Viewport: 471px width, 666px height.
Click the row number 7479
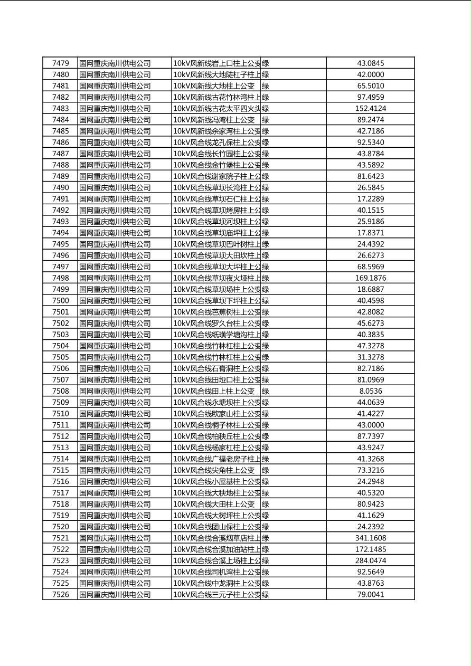point(60,63)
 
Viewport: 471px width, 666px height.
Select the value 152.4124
point(370,109)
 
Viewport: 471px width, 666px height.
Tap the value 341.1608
point(370,538)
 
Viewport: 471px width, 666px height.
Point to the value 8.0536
point(370,391)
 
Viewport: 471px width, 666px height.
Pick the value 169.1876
point(370,278)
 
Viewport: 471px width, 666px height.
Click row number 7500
point(60,301)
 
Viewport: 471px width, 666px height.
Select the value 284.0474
point(370,561)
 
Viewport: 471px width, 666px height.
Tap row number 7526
point(60,595)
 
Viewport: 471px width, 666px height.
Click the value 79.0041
point(370,595)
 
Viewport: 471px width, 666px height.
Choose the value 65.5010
point(370,86)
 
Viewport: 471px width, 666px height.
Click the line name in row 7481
point(214,86)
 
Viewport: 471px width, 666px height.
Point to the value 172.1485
point(370,549)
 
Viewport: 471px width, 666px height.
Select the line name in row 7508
point(214,391)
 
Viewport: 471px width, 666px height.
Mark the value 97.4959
point(370,97)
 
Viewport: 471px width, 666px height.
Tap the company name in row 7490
point(115,188)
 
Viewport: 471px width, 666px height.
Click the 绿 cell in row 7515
point(266,470)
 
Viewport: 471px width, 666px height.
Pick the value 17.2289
point(370,199)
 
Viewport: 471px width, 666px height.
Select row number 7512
point(60,436)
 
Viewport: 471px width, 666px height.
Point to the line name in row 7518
point(214,504)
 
